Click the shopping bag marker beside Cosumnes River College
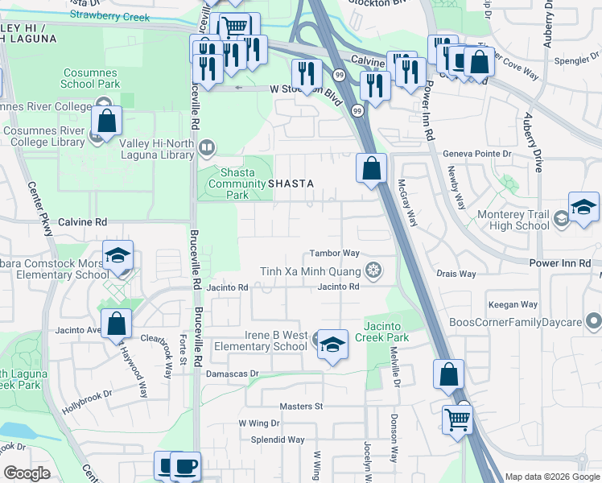[x=106, y=121]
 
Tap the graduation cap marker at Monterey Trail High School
[x=583, y=208]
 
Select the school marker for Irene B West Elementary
[x=332, y=345]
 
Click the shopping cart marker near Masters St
[x=457, y=419]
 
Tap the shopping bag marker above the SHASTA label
[x=371, y=169]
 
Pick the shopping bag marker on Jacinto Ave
[x=117, y=324]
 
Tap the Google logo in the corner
[x=27, y=473]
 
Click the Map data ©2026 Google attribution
[x=551, y=477]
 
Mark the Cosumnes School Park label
[x=92, y=78]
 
